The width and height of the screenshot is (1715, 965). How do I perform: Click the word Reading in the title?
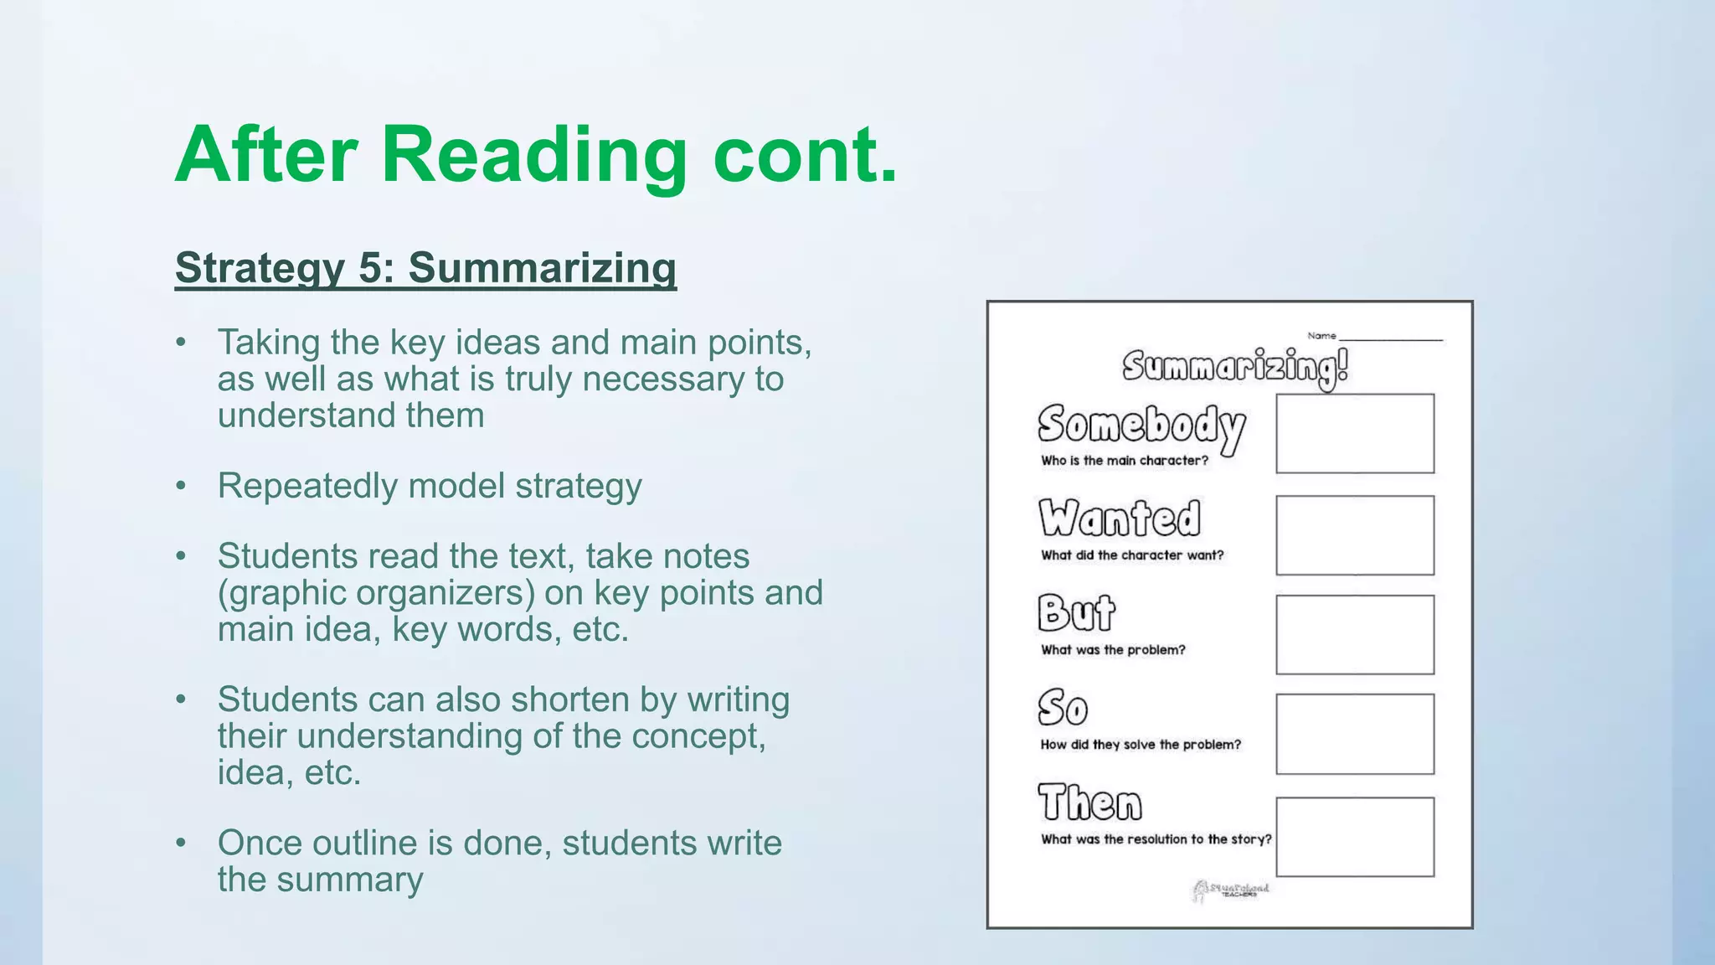pos(533,156)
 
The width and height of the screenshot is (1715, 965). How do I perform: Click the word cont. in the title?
pos(805,156)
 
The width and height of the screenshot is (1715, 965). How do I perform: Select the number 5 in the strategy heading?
pos(369,268)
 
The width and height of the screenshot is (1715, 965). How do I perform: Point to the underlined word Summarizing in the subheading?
pos(542,268)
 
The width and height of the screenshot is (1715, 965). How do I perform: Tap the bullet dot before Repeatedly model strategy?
pos(181,487)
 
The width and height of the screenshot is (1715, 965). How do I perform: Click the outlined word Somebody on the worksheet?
pos(1141,426)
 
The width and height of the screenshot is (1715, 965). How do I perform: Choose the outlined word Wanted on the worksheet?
pos(1120,518)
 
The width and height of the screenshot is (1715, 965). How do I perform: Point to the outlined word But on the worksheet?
pos(1076,612)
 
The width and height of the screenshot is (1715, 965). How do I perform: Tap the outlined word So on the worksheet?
pos(1063,708)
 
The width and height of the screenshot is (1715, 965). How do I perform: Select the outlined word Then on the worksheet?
pos(1089,802)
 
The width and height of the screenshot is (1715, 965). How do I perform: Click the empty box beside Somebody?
pos(1354,433)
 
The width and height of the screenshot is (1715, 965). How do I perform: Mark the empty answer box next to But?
pos(1354,634)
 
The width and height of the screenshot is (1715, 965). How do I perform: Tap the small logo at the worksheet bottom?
pos(1230,890)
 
